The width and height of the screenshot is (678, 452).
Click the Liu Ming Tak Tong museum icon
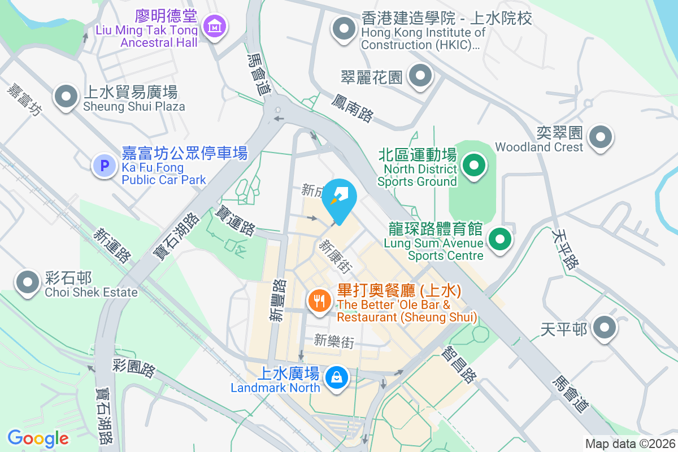tap(215, 26)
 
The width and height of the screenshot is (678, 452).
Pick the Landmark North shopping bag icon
tap(337, 377)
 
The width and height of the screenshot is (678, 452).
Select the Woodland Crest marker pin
tap(600, 137)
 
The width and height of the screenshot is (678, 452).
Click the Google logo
tap(38, 438)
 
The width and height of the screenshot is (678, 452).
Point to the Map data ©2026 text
tap(630, 444)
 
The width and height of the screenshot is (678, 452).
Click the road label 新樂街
tap(334, 341)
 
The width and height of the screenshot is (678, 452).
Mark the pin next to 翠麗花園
tap(420, 77)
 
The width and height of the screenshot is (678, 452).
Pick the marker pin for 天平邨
tap(605, 328)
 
